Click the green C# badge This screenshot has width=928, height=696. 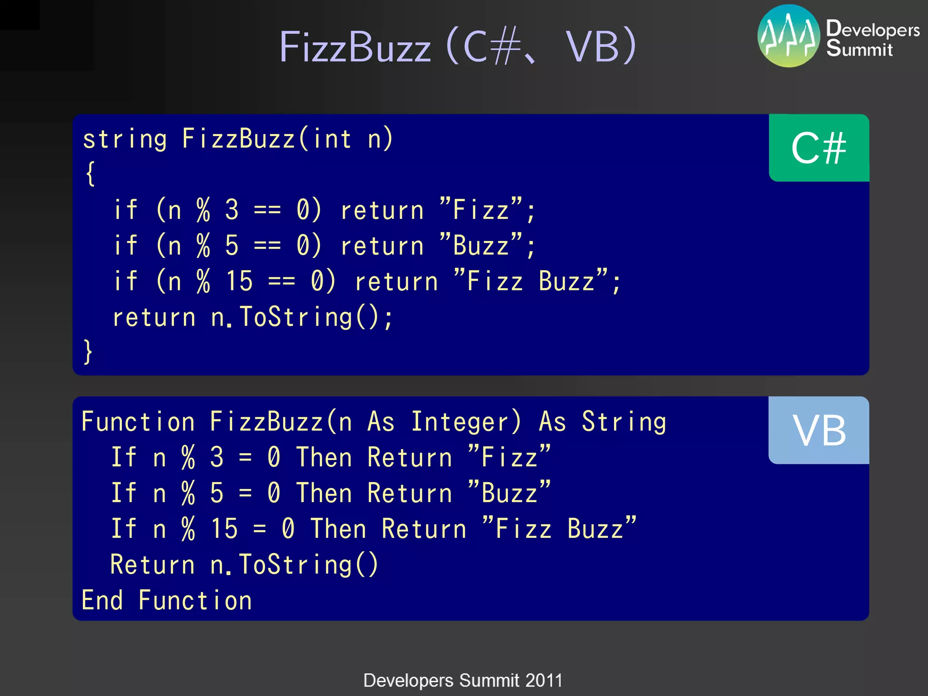[x=818, y=148]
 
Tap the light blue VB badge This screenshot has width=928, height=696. [x=818, y=430]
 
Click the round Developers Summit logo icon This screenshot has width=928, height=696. [x=788, y=36]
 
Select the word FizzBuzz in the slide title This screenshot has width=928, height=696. [x=355, y=47]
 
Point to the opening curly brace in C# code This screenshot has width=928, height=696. [x=90, y=174]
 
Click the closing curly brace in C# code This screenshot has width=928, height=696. [x=88, y=352]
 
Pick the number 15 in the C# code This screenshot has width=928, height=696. [x=239, y=281]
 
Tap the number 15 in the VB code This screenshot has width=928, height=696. [x=224, y=529]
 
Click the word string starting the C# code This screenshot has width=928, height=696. [x=125, y=139]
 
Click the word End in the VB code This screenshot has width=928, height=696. [x=102, y=600]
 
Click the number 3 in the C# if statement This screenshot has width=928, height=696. [x=232, y=210]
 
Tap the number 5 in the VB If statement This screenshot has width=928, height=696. [x=217, y=493]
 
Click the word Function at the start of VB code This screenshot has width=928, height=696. [x=138, y=422]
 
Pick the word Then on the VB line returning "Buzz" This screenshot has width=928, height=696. [x=324, y=493]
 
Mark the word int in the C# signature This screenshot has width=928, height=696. [x=332, y=139]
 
